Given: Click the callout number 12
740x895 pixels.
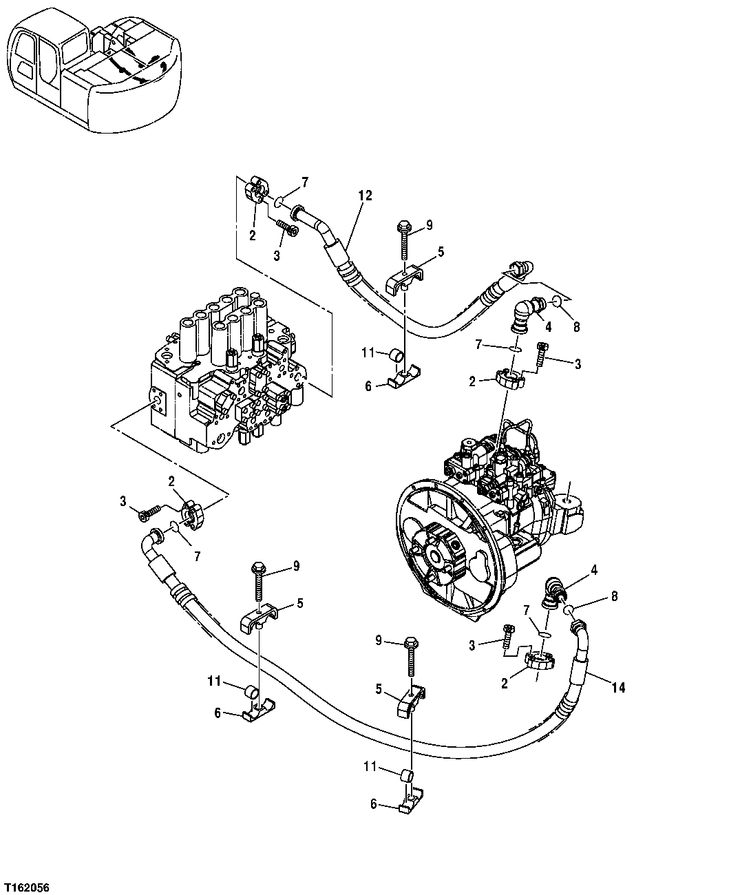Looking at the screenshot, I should coord(364,196).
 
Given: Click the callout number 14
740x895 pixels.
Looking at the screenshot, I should coord(617,687).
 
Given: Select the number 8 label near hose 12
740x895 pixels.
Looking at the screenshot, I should coord(576,326).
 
